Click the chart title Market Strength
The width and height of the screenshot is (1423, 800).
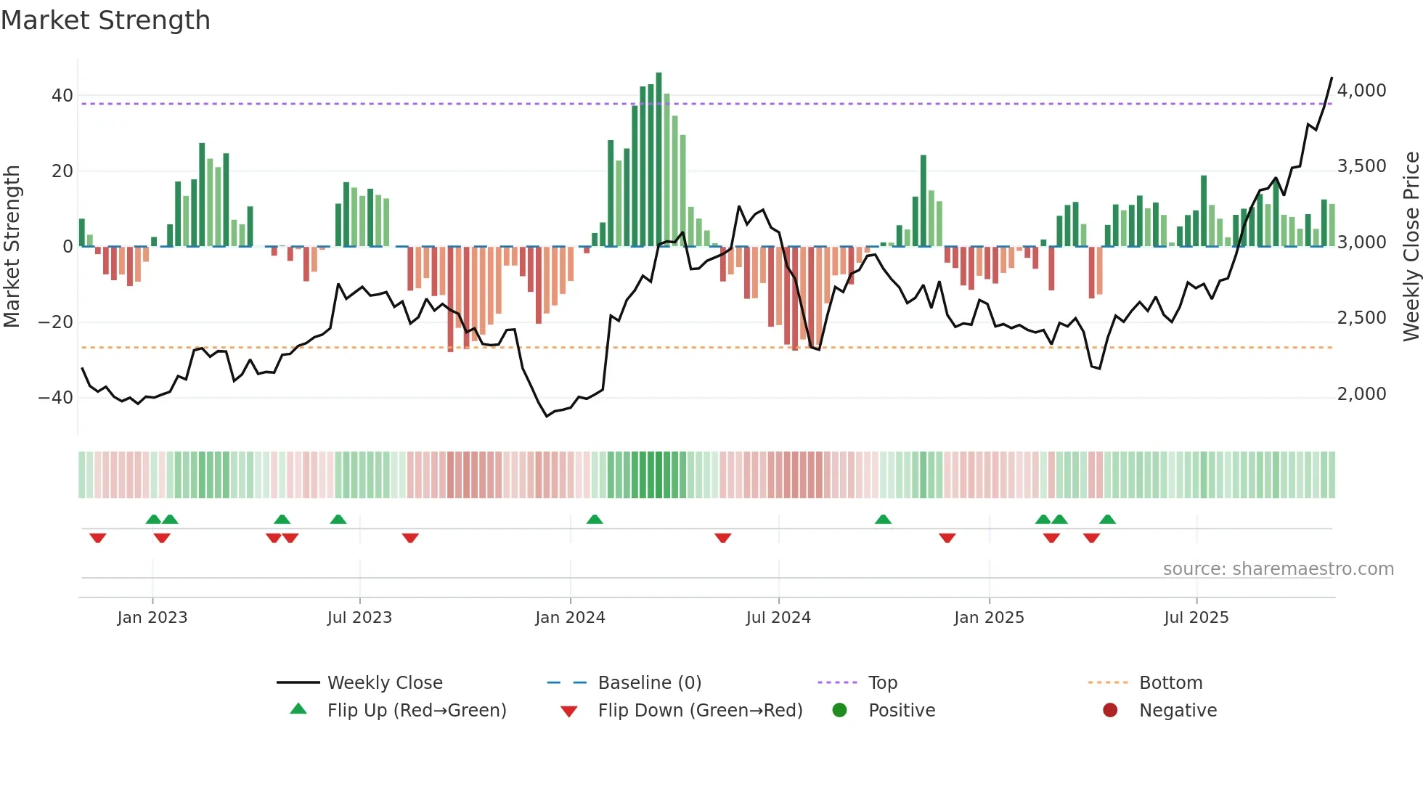pyautogui.click(x=105, y=20)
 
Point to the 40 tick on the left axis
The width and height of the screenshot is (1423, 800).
pyautogui.click(x=62, y=96)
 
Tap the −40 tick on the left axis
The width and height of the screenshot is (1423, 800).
pyautogui.click(x=56, y=398)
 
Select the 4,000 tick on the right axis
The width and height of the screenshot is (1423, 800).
pyautogui.click(x=1361, y=91)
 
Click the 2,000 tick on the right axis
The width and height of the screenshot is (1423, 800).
pyautogui.click(x=1361, y=394)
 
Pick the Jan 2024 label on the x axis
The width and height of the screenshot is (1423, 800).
pyautogui.click(x=570, y=618)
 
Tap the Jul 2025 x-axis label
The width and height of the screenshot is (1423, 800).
pyautogui.click(x=1196, y=618)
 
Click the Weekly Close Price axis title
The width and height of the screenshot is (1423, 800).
pyautogui.click(x=1411, y=247)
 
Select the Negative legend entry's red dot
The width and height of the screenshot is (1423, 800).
pyautogui.click(x=1110, y=711)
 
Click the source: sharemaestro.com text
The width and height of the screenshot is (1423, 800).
pyautogui.click(x=1278, y=569)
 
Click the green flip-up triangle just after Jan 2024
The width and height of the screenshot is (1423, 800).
pyautogui.click(x=595, y=520)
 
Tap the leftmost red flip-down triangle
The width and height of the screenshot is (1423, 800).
pyautogui.click(x=98, y=538)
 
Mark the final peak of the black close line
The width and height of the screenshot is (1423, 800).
pyautogui.click(x=1332, y=78)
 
